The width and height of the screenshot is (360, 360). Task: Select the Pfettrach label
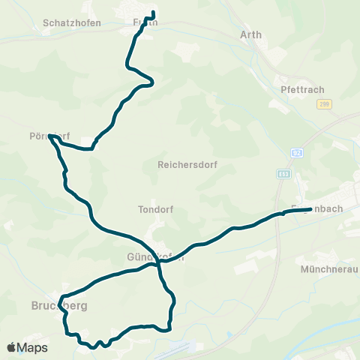[304, 89]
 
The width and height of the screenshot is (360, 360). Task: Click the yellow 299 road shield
[324, 105]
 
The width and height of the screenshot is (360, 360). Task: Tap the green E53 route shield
[283, 173]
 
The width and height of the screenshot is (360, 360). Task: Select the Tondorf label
[156, 210]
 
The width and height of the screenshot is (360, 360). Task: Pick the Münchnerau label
[329, 268]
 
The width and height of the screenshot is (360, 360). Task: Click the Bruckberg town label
[60, 306]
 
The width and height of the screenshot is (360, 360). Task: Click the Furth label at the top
[145, 23]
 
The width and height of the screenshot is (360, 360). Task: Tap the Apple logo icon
[12, 347]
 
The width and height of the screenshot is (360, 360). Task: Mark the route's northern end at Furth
[153, 12]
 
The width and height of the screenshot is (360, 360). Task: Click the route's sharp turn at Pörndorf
[49, 136]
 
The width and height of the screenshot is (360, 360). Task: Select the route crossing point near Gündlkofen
[159, 263]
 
